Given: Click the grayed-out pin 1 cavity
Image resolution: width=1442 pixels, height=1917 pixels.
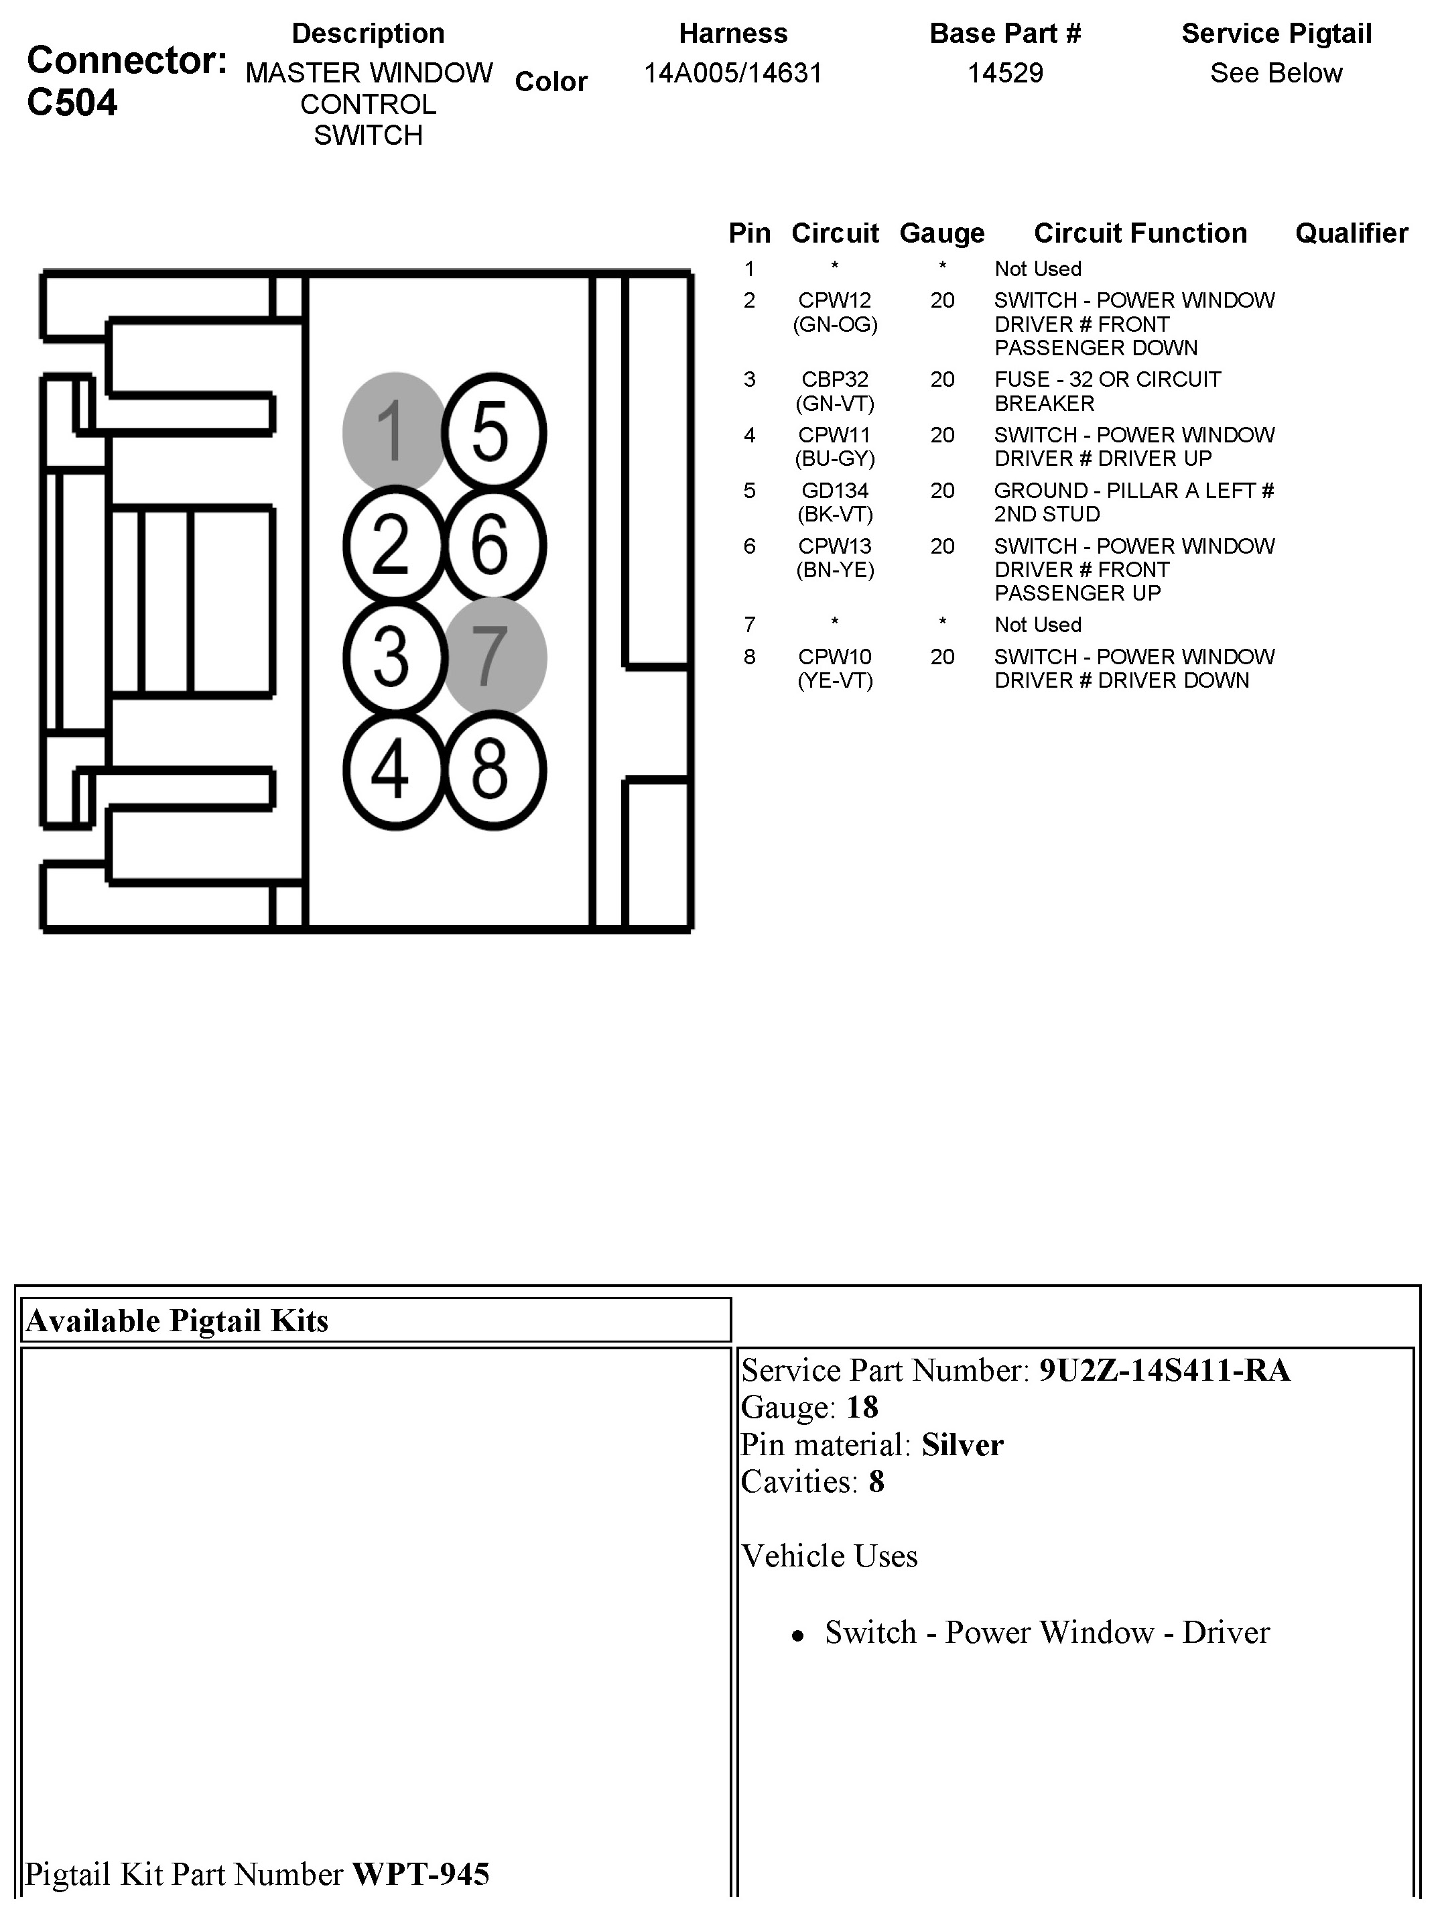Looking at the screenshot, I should pos(394,431).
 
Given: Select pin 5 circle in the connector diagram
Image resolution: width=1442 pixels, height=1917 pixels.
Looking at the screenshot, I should pos(493,432).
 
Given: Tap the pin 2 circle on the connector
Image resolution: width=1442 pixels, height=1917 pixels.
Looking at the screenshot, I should pos(394,544).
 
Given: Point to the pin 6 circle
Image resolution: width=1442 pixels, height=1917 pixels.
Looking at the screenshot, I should pos(493,544).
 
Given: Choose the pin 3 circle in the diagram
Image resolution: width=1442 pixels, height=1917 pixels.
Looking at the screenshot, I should pos(394,656).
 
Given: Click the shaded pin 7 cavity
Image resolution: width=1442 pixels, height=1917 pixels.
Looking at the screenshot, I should pos(495,656).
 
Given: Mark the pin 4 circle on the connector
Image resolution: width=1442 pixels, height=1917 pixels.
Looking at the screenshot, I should pos(394,769).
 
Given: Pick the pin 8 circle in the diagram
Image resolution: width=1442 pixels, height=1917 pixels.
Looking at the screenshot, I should pos(493,769).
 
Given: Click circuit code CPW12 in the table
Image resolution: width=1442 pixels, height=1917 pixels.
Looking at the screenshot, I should pos(834,301).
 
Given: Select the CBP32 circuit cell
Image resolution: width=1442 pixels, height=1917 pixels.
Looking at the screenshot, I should pos(834,379).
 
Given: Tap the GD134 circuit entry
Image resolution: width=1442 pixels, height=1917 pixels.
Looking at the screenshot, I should pos(834,491).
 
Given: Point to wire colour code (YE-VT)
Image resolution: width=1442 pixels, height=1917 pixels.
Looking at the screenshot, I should pos(834,680).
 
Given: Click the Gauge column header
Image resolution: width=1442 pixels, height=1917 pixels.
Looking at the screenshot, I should pos(942,233).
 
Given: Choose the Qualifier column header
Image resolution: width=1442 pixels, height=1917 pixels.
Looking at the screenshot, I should pos(1351,233).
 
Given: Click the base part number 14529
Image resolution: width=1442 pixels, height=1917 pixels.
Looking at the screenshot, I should pos(1005,73).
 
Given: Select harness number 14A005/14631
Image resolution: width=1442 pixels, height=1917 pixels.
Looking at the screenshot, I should pos(732,73).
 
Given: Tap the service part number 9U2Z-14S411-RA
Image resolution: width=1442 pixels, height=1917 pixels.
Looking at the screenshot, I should pos(1165,1370).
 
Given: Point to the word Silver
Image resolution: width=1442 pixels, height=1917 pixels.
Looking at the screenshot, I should pos(962,1444).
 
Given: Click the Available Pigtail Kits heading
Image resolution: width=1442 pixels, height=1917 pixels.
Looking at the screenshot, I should pos(178,1320).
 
